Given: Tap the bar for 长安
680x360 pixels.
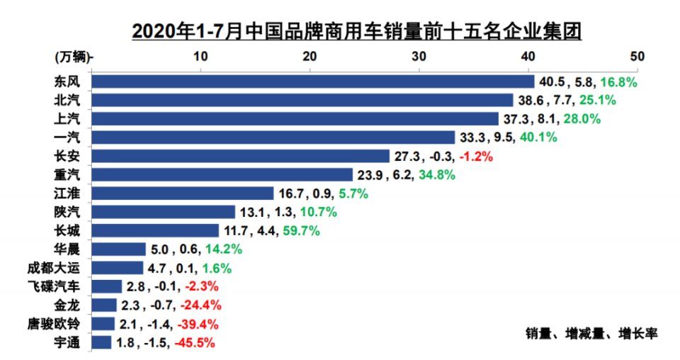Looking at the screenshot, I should click(241, 156).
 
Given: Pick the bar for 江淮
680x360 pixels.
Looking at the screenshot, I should click(183, 193).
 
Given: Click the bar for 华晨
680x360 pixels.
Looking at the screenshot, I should click(119, 249).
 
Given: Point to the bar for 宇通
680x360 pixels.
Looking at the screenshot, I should click(102, 342).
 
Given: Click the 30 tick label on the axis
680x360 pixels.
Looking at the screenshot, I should click(419, 56).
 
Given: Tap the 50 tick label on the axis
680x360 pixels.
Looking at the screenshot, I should click(637, 56).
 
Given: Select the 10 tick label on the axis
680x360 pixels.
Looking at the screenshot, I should click(200, 56).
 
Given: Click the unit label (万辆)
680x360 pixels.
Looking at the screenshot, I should click(71, 56).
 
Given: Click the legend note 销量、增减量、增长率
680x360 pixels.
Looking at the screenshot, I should click(592, 332).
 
